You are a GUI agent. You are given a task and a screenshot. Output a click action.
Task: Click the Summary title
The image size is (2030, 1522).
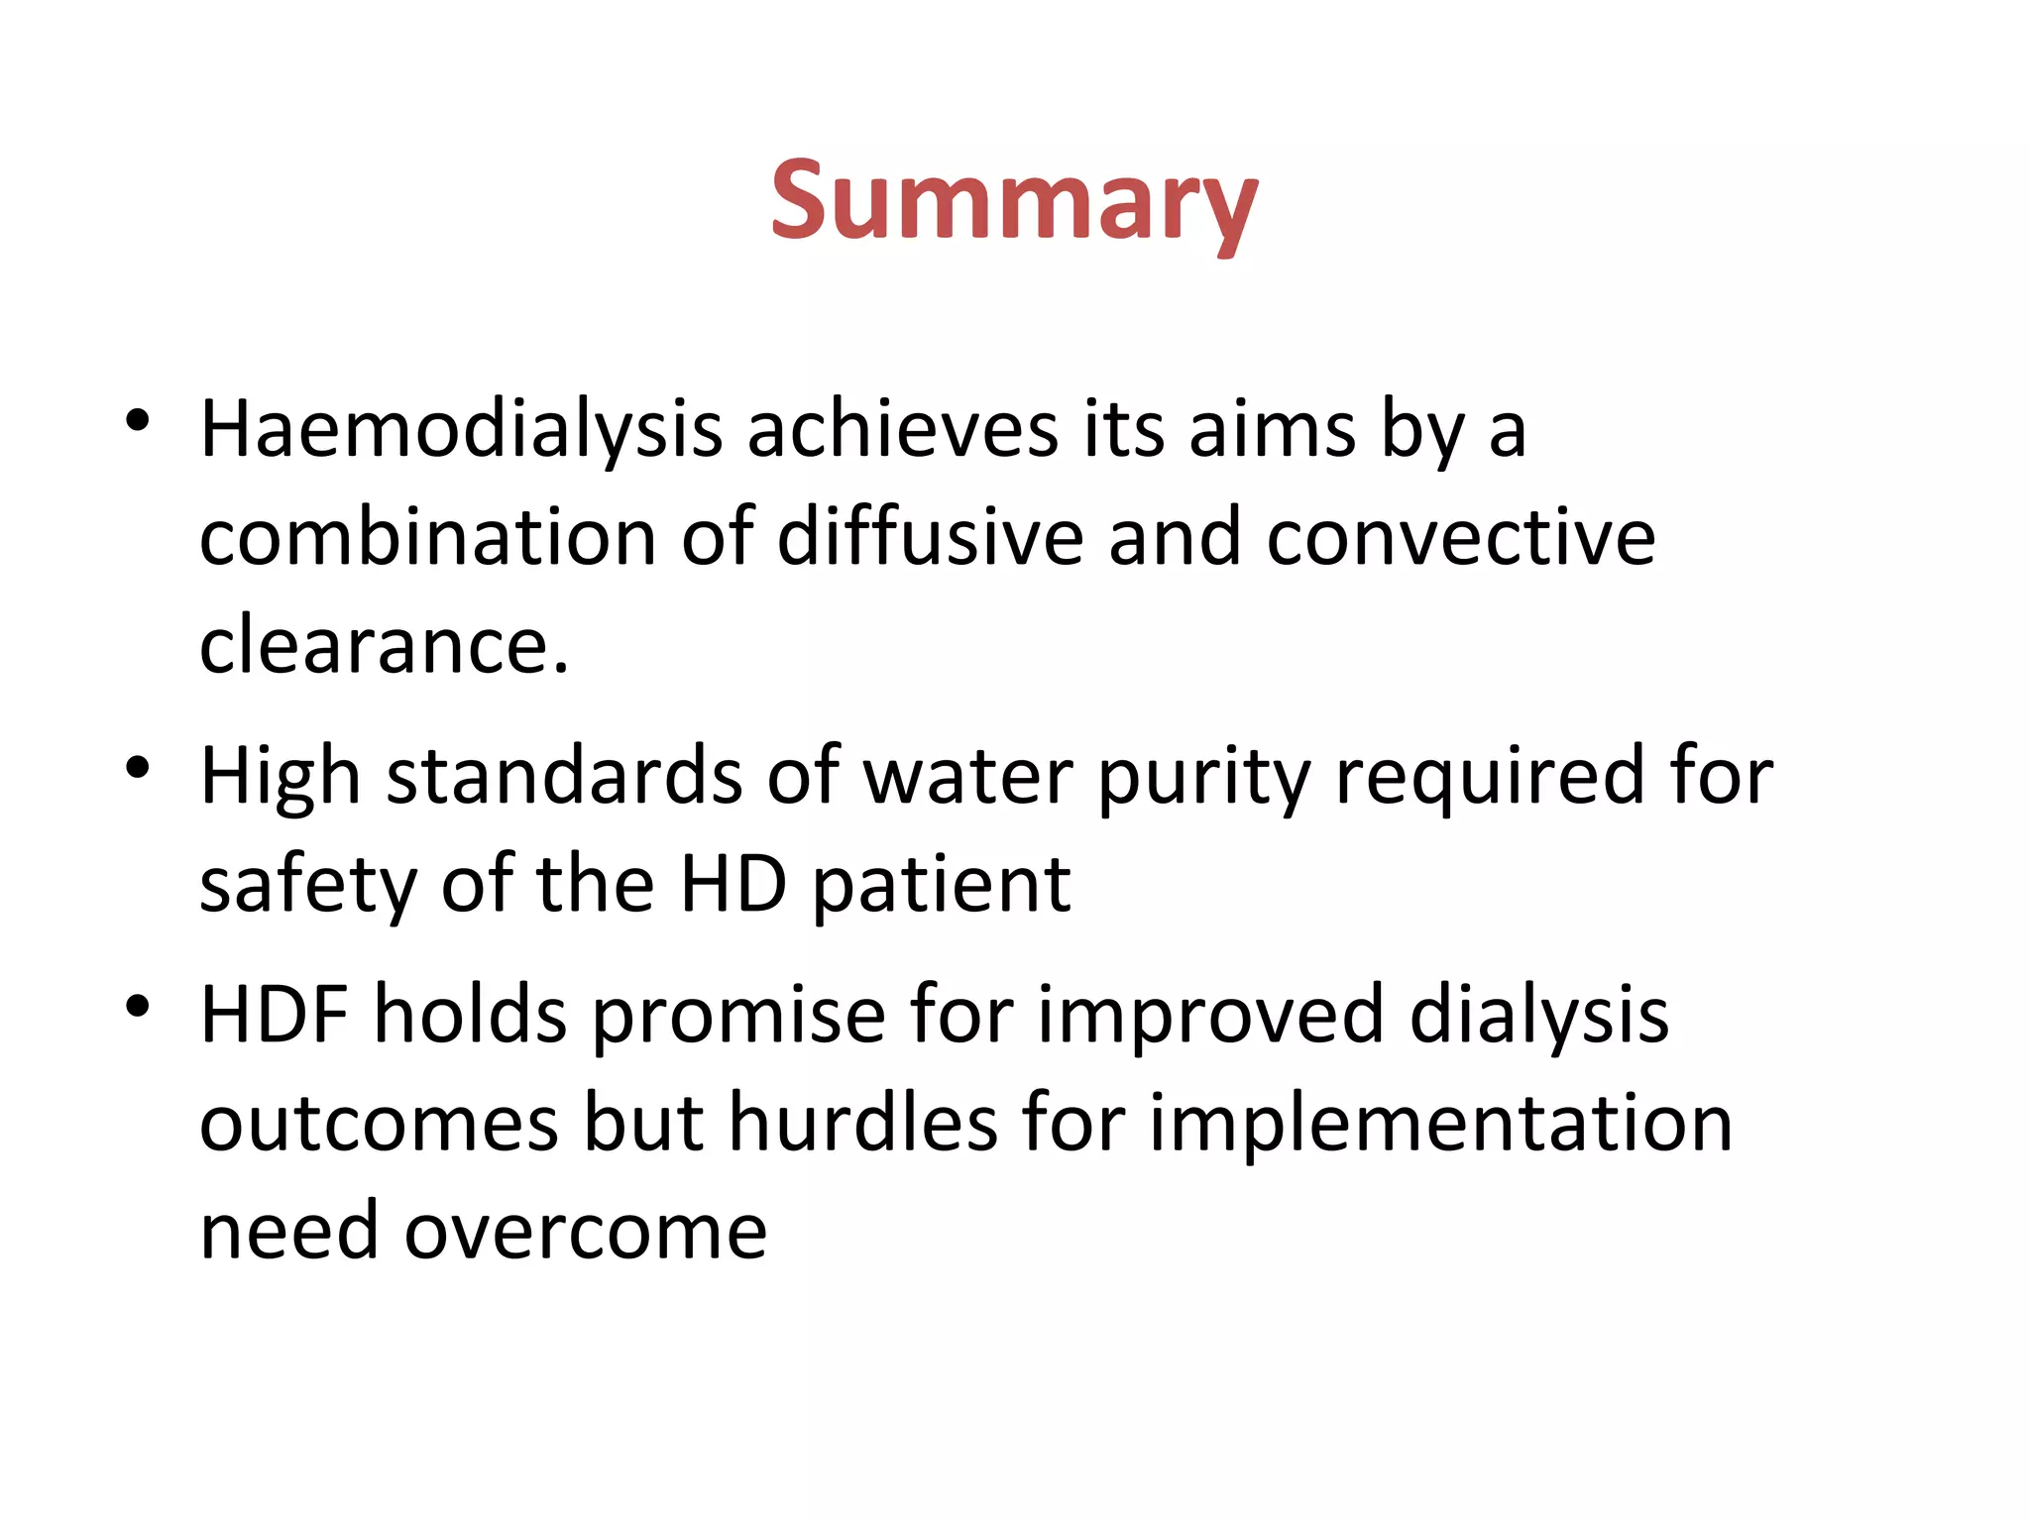[1014, 203]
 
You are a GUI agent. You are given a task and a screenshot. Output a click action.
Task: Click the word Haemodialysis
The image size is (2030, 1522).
[461, 431]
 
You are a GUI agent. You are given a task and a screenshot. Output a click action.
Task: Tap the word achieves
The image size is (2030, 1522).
[902, 431]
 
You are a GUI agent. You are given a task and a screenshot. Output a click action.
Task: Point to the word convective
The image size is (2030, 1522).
[1460, 538]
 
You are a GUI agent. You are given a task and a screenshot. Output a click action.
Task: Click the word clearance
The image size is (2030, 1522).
[384, 646]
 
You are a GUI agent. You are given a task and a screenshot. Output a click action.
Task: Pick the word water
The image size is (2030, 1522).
[968, 776]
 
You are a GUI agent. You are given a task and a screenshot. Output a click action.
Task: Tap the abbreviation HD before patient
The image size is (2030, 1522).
[733, 884]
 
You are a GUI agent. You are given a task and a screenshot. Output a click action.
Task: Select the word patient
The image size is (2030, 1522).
[942, 886]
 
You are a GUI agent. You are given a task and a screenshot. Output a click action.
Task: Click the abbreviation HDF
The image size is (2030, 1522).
[275, 1015]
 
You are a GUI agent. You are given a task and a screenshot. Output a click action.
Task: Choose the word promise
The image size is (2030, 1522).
[738, 1017]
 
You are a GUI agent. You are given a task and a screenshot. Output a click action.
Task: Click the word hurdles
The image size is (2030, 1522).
[862, 1124]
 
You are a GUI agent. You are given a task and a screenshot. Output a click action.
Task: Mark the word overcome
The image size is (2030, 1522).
[585, 1232]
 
